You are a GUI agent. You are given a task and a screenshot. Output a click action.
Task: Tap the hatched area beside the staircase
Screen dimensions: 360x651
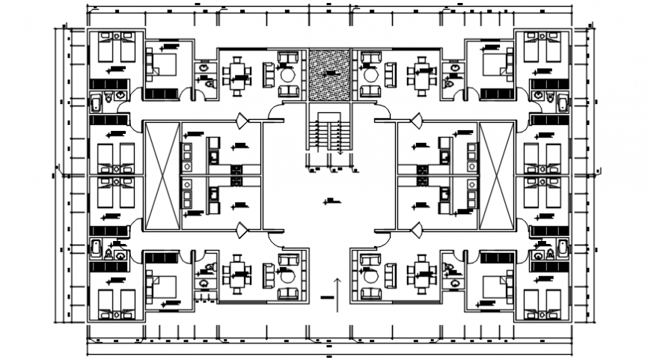click(328, 74)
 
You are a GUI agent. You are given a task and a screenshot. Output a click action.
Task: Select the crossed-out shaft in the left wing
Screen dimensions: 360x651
click(162, 176)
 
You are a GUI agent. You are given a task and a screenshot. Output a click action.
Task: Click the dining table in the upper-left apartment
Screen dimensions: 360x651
click(238, 73)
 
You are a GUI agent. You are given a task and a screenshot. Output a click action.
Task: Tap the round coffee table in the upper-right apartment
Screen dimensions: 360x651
click(369, 75)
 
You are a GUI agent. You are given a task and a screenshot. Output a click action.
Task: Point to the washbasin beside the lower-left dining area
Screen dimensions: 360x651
click(203, 282)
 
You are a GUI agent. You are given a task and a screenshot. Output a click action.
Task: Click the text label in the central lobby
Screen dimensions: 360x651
click(328, 200)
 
